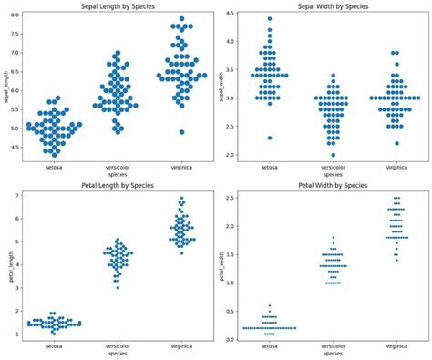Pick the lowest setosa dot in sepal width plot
tap(268, 138)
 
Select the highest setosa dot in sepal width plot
tap(268, 18)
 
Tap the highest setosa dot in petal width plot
tap(268, 305)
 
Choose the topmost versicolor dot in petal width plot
tap(333, 238)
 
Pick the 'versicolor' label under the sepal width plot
tap(333, 167)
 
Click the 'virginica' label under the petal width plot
tap(396, 347)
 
